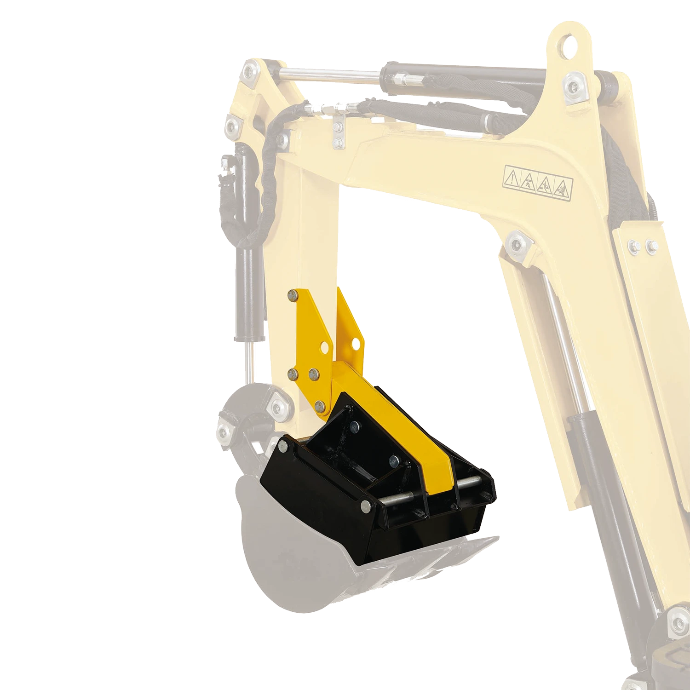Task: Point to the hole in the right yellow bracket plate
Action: (x=355, y=343)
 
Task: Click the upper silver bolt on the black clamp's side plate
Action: (x=282, y=445)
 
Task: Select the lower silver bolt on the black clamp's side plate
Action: (x=366, y=505)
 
